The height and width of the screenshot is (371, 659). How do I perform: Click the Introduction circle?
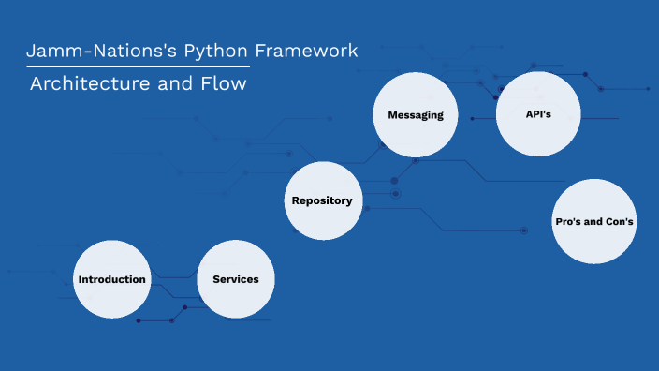click(x=112, y=279)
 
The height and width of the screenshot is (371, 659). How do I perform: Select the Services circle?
click(x=236, y=279)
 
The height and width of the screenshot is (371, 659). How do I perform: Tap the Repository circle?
click(x=322, y=200)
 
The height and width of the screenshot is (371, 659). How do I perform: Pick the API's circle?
click(x=539, y=113)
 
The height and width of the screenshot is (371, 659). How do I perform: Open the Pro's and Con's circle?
click(x=594, y=221)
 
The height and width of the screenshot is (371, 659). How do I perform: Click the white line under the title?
click(x=138, y=67)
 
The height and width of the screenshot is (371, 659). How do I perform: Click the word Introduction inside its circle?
click(x=112, y=279)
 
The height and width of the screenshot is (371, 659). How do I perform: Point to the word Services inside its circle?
click(x=236, y=279)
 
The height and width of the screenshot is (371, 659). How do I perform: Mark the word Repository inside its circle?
click(x=322, y=200)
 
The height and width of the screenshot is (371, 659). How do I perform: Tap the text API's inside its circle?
click(x=539, y=113)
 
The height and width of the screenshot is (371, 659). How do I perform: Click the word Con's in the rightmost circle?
click(x=618, y=222)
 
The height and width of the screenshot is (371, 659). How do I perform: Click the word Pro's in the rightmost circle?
click(x=569, y=222)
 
